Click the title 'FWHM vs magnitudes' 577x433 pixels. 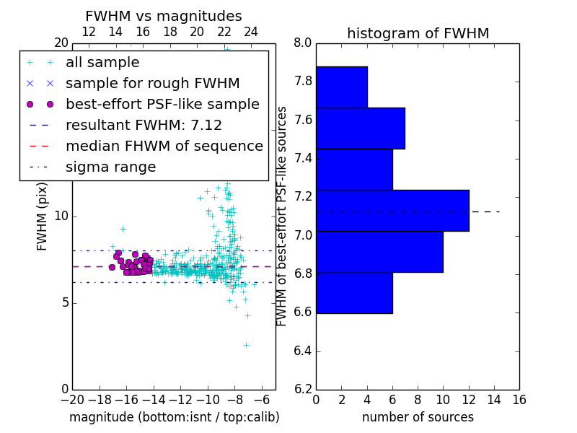164,16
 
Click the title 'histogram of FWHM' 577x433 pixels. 418,33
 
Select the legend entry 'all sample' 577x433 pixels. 102,63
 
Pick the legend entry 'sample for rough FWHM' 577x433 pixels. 152,84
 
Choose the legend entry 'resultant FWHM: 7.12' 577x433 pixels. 144,126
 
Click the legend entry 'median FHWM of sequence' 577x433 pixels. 164,146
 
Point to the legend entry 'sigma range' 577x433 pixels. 110,167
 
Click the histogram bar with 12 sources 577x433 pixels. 392,211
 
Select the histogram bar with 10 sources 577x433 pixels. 379,252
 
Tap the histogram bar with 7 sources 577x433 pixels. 360,128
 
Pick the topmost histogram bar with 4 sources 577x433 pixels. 341,87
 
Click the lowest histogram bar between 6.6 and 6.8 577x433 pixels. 354,293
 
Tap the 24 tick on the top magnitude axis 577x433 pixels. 251,32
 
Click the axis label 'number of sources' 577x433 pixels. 418,417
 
